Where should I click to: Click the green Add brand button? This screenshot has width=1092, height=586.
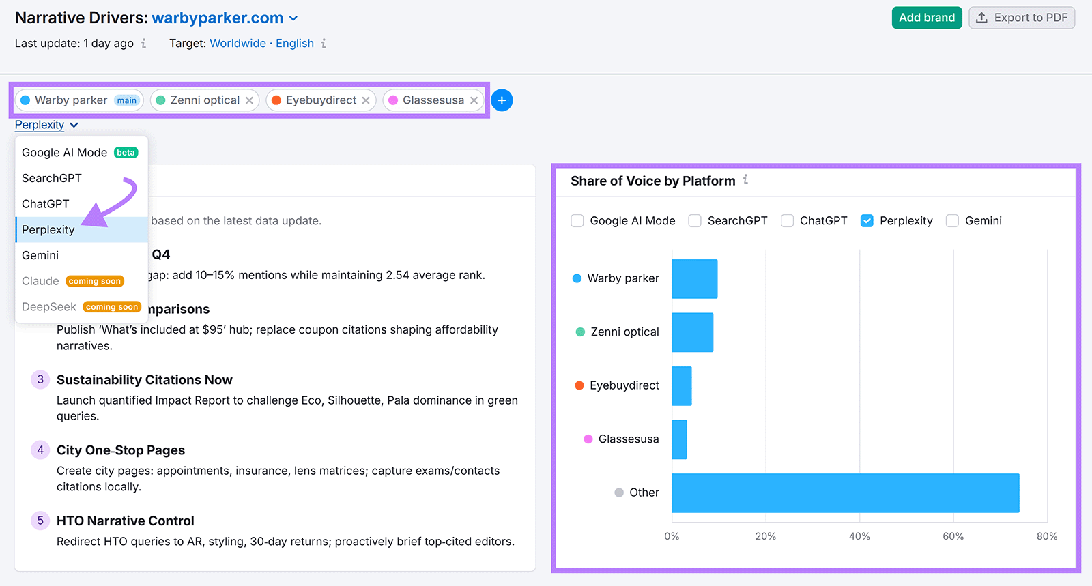[926, 18]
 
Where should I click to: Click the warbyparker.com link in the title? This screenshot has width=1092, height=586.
[218, 18]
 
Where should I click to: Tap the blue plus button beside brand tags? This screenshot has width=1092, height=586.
[502, 100]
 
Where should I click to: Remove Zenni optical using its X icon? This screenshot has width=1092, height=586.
[250, 100]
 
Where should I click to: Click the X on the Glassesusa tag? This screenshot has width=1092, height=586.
[474, 100]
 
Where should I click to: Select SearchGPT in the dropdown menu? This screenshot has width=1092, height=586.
[52, 178]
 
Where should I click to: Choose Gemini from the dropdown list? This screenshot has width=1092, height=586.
[40, 255]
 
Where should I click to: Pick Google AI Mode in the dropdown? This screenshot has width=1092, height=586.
[65, 153]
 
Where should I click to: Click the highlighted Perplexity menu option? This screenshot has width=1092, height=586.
[48, 230]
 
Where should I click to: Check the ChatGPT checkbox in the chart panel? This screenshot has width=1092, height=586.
[787, 221]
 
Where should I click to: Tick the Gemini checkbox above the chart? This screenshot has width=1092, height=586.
[952, 221]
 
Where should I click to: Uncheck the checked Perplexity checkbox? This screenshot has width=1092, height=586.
[867, 221]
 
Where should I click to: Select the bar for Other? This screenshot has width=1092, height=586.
[845, 493]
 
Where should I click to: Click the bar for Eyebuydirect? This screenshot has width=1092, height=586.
[682, 386]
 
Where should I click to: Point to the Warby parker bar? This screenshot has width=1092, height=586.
[694, 278]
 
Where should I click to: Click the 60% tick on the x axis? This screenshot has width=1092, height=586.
[953, 536]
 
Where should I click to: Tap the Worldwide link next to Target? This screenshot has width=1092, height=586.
[238, 44]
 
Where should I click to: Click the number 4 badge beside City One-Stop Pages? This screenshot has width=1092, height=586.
[40, 450]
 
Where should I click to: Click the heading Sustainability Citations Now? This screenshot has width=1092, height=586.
[145, 380]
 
